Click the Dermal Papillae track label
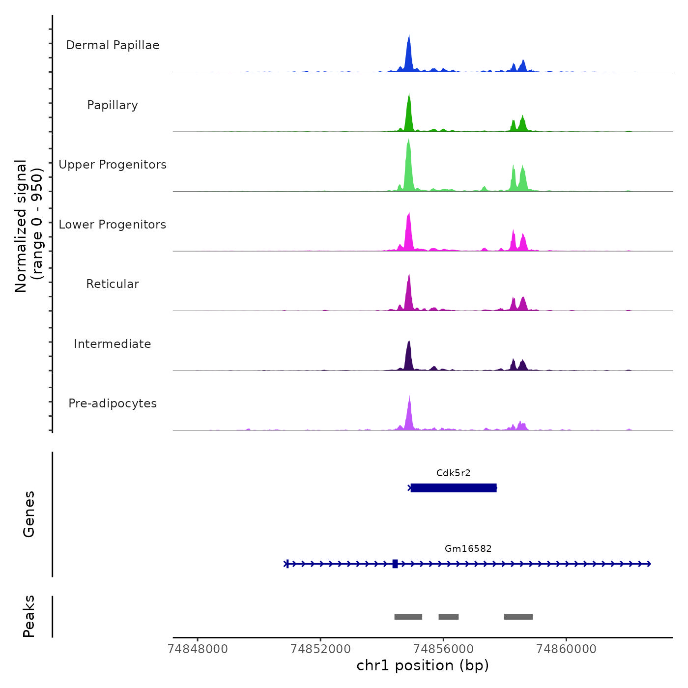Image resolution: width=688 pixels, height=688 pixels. pyautogui.click(x=113, y=45)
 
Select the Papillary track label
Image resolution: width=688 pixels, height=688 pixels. pyautogui.click(x=113, y=105)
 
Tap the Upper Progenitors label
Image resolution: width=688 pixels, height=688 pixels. pyautogui.click(x=113, y=165)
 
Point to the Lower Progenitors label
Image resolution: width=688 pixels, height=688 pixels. pyautogui.click(x=113, y=225)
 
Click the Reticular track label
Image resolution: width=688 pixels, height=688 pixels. pyautogui.click(x=113, y=284)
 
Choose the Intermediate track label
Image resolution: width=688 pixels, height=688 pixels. pyautogui.click(x=113, y=344)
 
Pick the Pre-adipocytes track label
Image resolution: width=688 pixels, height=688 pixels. pyautogui.click(x=113, y=403)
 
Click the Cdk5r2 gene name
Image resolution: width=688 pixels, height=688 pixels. pyautogui.click(x=453, y=473)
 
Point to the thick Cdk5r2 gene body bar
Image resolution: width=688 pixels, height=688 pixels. pyautogui.click(x=454, y=488)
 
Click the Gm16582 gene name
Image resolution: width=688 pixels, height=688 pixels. pyautogui.click(x=468, y=548)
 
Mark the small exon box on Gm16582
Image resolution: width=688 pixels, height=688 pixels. pyautogui.click(x=395, y=564)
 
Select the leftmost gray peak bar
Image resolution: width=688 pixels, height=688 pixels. pyautogui.click(x=408, y=617)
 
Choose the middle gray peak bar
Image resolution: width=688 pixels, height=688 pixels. pyautogui.click(x=448, y=617)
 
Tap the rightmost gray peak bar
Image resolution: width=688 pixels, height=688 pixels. pyautogui.click(x=518, y=617)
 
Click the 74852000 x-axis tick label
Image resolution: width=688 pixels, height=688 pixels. pyautogui.click(x=320, y=649)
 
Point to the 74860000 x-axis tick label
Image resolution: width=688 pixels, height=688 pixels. pyautogui.click(x=566, y=649)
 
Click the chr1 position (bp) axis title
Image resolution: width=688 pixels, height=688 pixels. pyautogui.click(x=423, y=666)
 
